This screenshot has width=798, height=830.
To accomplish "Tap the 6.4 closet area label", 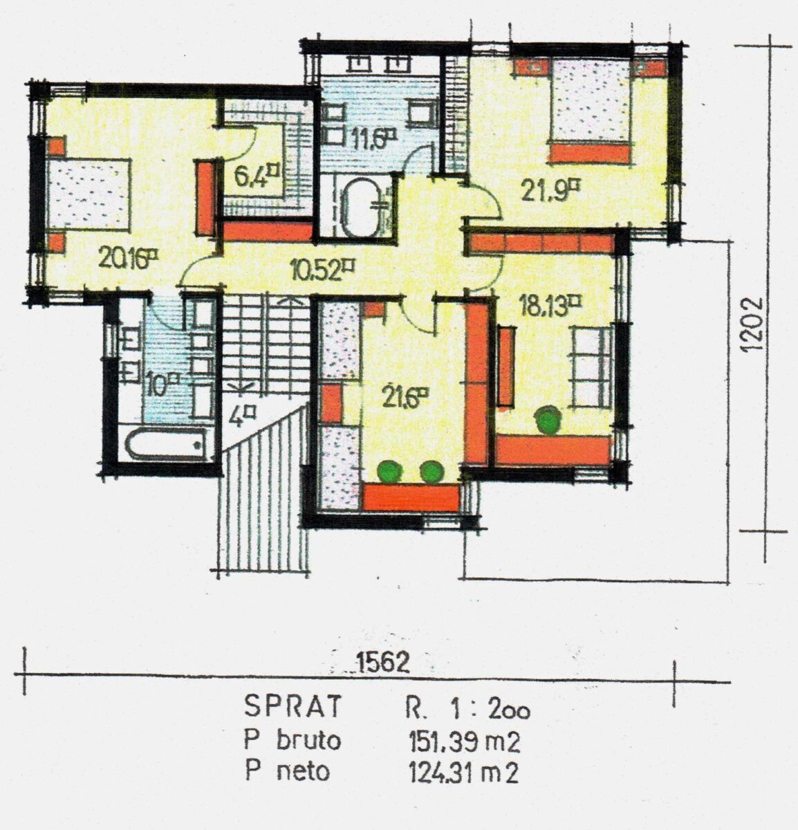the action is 257,176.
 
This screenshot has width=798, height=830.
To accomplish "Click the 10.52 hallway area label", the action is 322,270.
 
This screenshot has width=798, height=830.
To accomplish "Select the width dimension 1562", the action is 382,663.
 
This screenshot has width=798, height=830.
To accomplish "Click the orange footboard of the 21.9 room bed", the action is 591,154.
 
